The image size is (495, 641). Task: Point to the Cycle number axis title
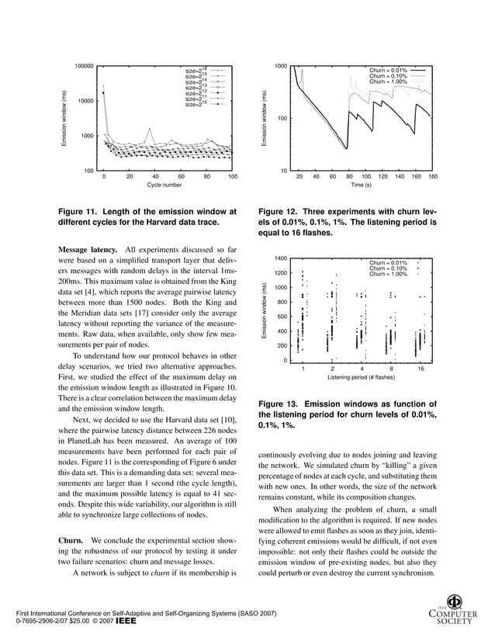click(x=164, y=185)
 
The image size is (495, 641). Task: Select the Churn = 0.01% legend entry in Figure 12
click(x=387, y=70)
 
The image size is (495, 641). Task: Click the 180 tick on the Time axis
click(x=432, y=176)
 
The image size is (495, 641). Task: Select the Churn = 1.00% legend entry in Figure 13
click(x=387, y=274)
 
